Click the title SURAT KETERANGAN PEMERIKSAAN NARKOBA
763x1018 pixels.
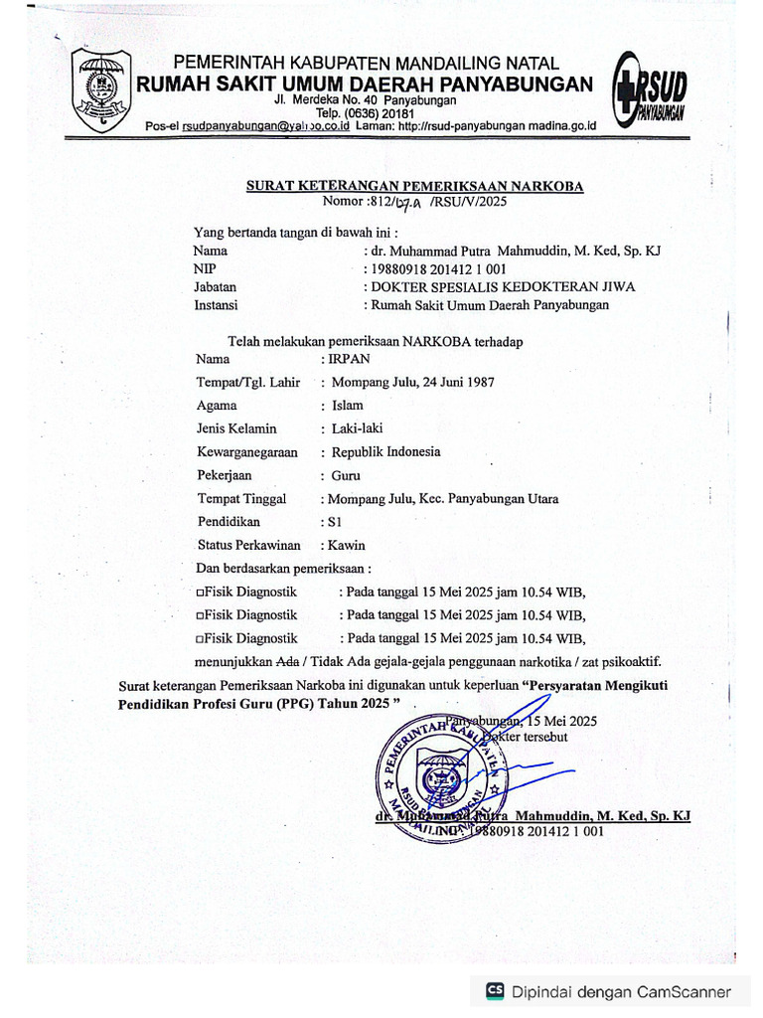[x=415, y=186]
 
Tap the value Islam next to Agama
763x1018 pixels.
[x=348, y=406]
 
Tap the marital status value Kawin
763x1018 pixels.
[x=343, y=545]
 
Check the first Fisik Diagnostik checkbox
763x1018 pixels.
[x=201, y=591]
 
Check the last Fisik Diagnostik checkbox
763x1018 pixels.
[x=201, y=638]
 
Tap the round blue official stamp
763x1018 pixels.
[x=438, y=776]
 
